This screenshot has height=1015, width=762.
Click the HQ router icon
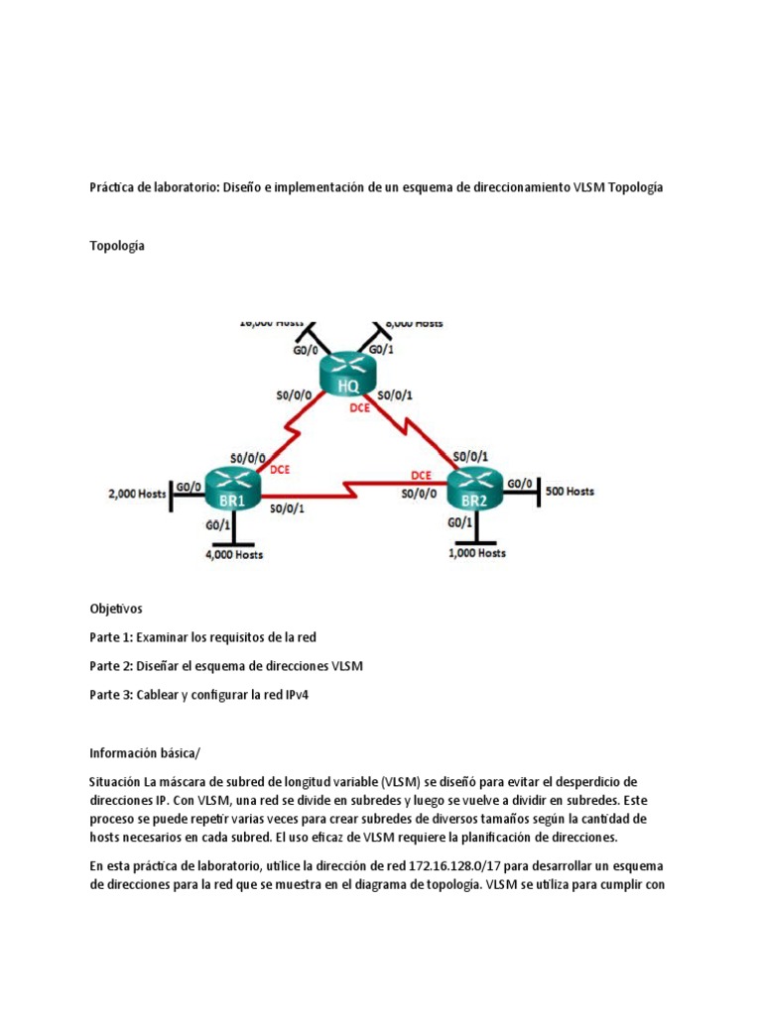[x=348, y=375]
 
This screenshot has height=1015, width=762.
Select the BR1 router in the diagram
[x=232, y=489]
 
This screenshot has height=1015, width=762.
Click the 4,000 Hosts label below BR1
[x=234, y=555]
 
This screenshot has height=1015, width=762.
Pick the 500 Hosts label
[x=571, y=491]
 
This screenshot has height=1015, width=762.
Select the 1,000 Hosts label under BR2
[x=477, y=553]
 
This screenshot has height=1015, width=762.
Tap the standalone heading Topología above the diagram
[x=117, y=246]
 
